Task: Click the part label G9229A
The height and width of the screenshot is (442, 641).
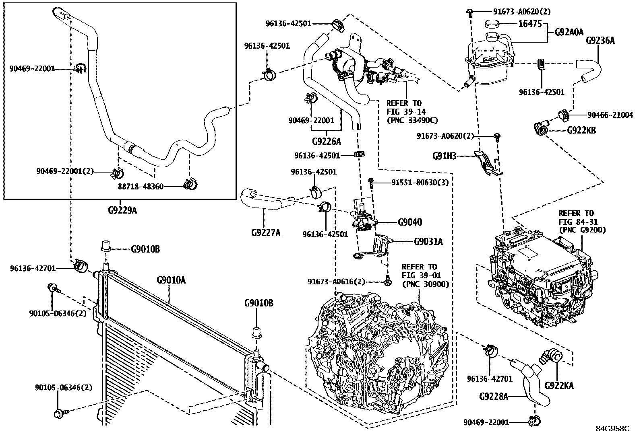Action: [122, 210]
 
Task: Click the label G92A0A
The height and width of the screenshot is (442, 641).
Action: [569, 32]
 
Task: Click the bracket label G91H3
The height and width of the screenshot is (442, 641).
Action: [444, 156]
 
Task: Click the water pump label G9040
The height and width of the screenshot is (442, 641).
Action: [410, 222]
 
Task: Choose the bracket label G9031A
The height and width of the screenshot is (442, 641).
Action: [428, 241]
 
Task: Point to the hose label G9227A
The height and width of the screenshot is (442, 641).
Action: [266, 232]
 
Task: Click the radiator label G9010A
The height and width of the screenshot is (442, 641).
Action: [172, 280]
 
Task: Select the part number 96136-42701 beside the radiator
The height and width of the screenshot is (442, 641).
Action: [33, 268]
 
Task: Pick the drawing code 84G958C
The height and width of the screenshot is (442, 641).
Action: [612, 429]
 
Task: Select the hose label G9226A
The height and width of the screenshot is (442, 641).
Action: [326, 141]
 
